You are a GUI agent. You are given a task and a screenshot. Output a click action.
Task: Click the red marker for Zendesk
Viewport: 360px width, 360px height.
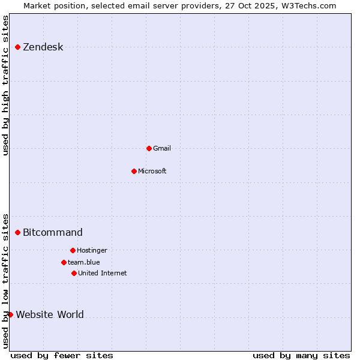18,47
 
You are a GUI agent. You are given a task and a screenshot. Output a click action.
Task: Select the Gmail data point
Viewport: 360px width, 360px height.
149,148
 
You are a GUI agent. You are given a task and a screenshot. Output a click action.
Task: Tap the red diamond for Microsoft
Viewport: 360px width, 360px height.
134,171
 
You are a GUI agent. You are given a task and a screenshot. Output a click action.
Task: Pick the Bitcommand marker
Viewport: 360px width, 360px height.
18,232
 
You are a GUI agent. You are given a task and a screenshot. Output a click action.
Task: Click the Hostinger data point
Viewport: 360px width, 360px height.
73,250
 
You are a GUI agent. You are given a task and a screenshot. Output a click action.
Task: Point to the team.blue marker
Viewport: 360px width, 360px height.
64,262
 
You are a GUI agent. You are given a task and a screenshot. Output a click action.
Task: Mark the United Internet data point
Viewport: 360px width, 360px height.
74,273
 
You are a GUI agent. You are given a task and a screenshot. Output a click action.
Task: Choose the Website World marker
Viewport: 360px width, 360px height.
10,314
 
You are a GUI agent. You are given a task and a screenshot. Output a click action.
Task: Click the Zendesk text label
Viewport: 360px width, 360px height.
43,47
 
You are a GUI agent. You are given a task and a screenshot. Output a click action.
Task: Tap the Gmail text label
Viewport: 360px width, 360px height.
162,148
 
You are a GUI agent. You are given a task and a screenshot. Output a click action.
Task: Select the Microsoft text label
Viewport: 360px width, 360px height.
152,171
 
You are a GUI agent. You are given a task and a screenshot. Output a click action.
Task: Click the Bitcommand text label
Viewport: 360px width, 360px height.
53,232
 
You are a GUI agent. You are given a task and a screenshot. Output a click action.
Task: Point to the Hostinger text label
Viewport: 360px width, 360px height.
92,250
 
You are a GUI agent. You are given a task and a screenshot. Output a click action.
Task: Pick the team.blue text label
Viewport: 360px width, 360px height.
84,262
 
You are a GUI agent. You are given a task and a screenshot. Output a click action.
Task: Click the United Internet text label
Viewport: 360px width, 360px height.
103,273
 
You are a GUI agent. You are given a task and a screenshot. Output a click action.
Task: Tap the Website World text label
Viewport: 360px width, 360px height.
50,314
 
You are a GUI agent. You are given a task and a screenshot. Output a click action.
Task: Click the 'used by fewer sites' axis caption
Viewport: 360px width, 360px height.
62,355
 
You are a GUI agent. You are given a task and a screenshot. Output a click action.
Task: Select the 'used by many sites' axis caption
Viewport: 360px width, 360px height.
301,355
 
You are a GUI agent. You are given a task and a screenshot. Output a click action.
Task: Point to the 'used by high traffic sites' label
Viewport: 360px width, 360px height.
5,85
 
